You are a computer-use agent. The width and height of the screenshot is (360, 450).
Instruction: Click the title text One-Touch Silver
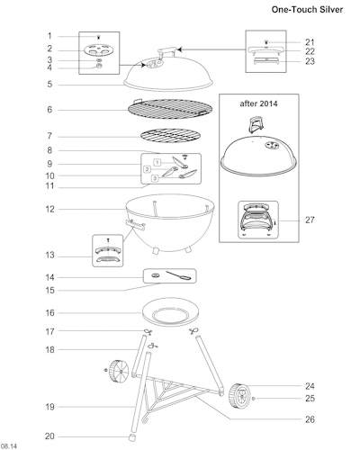click(x=307, y=10)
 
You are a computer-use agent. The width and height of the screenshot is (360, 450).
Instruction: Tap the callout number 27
click(x=310, y=220)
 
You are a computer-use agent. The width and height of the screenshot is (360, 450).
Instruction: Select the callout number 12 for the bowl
click(x=50, y=209)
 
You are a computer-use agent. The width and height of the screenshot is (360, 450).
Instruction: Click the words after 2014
click(x=258, y=103)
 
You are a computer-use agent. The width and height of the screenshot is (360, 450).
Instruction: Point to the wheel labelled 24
click(x=239, y=396)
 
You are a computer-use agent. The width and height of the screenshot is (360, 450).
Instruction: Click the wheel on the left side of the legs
click(x=118, y=372)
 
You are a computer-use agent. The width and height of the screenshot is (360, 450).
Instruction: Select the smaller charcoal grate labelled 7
click(x=170, y=136)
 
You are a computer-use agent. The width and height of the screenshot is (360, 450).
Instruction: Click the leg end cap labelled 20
click(x=131, y=437)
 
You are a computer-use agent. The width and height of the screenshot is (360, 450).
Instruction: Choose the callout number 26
click(x=310, y=419)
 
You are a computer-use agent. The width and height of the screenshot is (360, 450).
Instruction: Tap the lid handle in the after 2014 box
click(x=256, y=124)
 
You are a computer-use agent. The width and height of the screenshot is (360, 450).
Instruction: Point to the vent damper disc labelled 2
click(x=99, y=49)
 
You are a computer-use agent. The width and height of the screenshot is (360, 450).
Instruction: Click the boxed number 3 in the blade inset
click(x=155, y=178)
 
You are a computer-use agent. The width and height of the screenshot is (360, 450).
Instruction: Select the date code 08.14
click(x=9, y=446)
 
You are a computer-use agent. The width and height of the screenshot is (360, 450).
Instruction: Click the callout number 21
click(x=310, y=42)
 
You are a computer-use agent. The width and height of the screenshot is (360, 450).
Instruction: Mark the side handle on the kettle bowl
click(x=135, y=224)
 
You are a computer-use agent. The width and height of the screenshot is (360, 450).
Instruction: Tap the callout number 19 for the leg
click(x=50, y=407)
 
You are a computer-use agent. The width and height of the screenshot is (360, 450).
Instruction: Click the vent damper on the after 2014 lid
click(x=272, y=146)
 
